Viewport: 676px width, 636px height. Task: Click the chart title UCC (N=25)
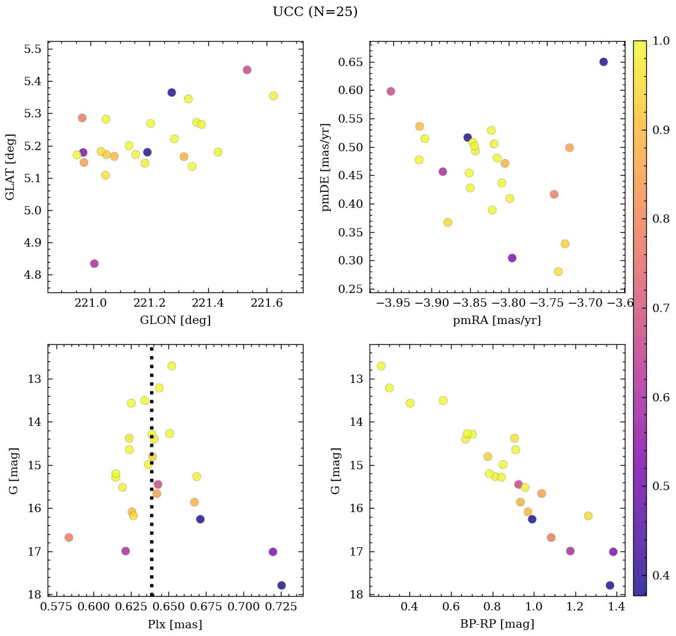tap(315, 12)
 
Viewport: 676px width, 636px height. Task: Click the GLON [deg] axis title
tap(175, 320)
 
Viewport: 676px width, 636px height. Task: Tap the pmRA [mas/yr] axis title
tap(497, 320)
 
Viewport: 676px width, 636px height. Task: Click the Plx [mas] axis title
tap(175, 624)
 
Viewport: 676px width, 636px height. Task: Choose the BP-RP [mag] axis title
tap(497, 624)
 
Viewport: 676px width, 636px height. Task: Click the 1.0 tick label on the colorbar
tap(661, 41)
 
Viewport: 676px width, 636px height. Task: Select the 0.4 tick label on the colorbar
tap(661, 575)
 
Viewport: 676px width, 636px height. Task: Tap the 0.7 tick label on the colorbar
tap(661, 308)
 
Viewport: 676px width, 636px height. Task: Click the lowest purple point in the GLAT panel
tap(94, 264)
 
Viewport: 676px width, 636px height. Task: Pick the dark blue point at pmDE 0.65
tap(603, 62)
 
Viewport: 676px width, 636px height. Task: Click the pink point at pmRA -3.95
tap(390, 91)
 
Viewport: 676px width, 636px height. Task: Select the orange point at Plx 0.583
tap(68, 537)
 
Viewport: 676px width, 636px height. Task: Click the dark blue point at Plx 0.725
tap(281, 585)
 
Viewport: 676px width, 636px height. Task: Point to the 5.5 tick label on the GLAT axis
tap(32, 49)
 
